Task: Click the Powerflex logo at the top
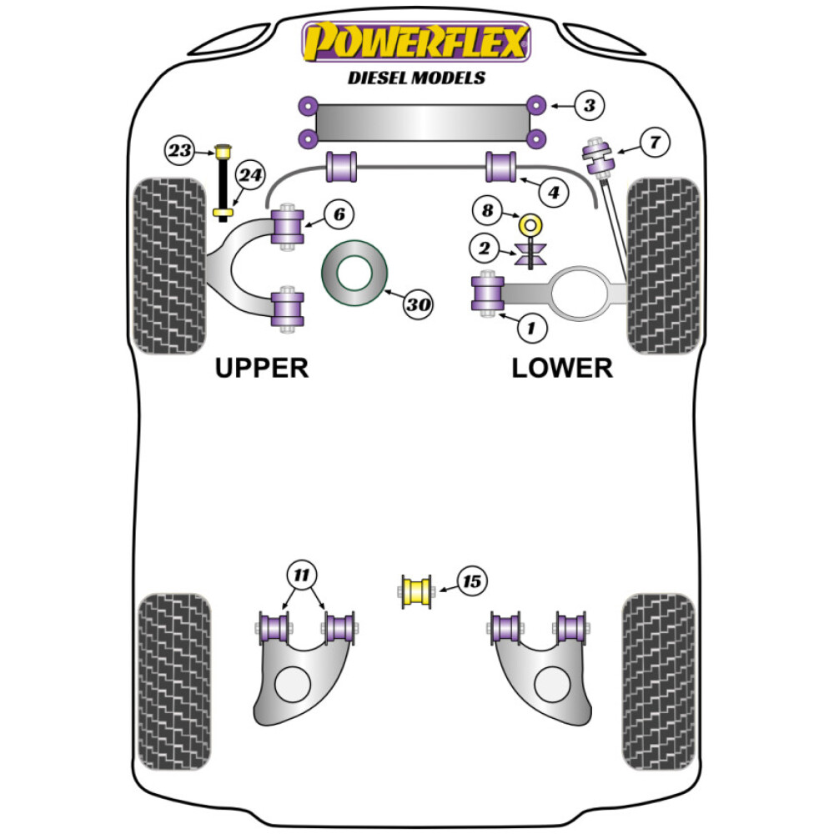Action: coord(415,43)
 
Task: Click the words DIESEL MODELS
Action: coord(416,78)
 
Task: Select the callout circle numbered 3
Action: coord(589,105)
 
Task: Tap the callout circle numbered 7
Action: coord(655,143)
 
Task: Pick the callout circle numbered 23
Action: coord(178,151)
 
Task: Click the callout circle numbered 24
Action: coord(249,175)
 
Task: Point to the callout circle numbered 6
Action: coord(338,214)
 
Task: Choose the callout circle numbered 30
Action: coord(419,305)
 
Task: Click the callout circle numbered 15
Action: coord(472,581)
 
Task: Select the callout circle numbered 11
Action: coord(302,574)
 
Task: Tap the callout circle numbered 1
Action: coord(531,328)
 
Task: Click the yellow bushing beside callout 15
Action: coord(417,591)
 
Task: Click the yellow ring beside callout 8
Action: coord(529,224)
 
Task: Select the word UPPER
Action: coord(262,367)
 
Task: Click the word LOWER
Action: coord(561,367)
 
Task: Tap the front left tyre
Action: coord(169,265)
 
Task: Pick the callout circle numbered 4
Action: coord(554,193)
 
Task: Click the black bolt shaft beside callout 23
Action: coord(223,185)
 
